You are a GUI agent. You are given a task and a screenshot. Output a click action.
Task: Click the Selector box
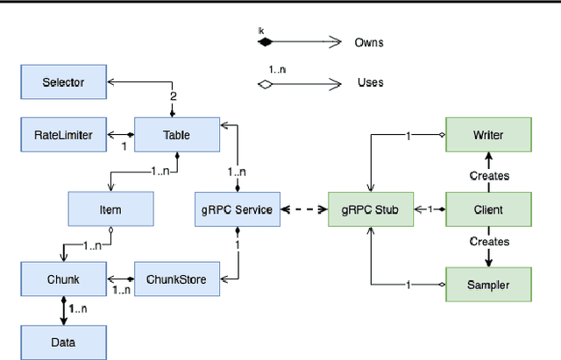pyautogui.click(x=63, y=82)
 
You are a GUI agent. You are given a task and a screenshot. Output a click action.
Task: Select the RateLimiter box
pyautogui.click(x=63, y=135)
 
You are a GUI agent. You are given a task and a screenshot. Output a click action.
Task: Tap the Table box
pyautogui.click(x=176, y=135)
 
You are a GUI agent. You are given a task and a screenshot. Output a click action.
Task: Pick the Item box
pyautogui.click(x=110, y=209)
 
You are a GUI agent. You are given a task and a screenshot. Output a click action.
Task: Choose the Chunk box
pyautogui.click(x=63, y=279)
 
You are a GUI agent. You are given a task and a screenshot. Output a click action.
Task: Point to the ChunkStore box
pyautogui.click(x=176, y=279)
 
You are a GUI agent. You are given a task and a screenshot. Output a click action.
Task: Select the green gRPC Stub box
pyautogui.click(x=371, y=209)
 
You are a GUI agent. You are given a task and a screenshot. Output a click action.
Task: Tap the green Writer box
pyautogui.click(x=489, y=135)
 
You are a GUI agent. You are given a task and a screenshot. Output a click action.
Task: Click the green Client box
pyautogui.click(x=489, y=209)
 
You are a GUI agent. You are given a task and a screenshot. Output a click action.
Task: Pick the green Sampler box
pyautogui.click(x=489, y=284)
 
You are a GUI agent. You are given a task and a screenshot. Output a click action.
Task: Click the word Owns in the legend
pyautogui.click(x=368, y=41)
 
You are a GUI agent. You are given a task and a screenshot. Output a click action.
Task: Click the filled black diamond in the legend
pyautogui.click(x=265, y=41)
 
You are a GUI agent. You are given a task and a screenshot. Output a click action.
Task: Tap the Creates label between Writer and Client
pyautogui.click(x=489, y=175)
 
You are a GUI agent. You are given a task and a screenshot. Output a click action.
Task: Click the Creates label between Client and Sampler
pyautogui.click(x=489, y=241)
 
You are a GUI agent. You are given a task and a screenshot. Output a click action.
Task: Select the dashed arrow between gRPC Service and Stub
pyautogui.click(x=303, y=209)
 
